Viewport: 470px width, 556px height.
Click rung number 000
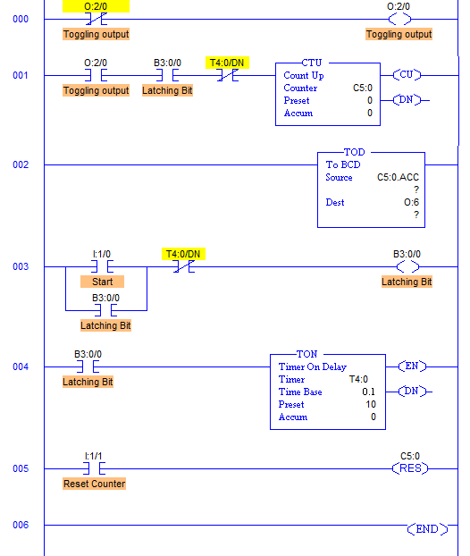point(21,19)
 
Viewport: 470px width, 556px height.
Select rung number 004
point(21,366)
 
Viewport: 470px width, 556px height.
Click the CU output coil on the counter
point(407,75)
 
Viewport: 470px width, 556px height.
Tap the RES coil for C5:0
point(410,468)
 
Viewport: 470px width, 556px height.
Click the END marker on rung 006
point(427,529)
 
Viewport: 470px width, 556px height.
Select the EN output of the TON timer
point(412,366)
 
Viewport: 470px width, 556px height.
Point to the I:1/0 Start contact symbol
point(102,266)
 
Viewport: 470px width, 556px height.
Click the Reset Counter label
point(95,484)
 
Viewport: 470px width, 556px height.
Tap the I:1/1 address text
point(93,456)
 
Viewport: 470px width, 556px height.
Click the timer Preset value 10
point(371,404)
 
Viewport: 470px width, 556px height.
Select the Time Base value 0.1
point(369,392)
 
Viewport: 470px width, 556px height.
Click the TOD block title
point(354,152)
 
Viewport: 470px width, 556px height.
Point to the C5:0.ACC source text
point(398,177)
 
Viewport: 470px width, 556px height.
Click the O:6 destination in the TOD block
point(412,202)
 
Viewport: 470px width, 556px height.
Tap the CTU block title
point(312,63)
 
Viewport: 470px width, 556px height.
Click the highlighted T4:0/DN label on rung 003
point(183,254)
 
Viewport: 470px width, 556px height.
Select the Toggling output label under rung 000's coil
point(399,34)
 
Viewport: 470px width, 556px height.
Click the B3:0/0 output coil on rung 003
point(407,266)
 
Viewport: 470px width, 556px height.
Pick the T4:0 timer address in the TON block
point(358,379)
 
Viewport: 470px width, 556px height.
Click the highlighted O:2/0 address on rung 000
point(96,6)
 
